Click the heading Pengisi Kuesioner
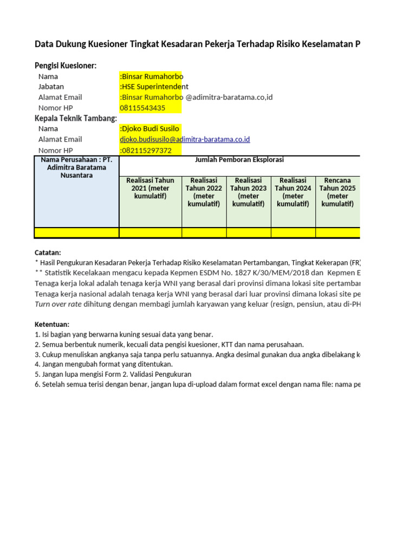pyautogui.click(x=66, y=66)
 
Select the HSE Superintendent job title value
pyautogui.click(x=154, y=87)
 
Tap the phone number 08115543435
pyautogui.click(x=142, y=108)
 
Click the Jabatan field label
pyautogui.click(x=51, y=87)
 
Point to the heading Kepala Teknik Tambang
pyautogui.click(x=76, y=118)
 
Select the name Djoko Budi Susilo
pyautogui.click(x=149, y=129)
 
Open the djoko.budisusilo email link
pyautogui.click(x=185, y=139)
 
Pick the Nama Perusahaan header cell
pyautogui.click(x=76, y=167)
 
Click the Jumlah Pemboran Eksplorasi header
pyautogui.click(x=239, y=160)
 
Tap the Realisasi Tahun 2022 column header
pyautogui.click(x=204, y=192)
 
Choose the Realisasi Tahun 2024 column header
pyautogui.click(x=293, y=192)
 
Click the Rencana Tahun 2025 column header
pyautogui.click(x=337, y=192)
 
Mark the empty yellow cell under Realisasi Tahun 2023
pyautogui.click(x=249, y=233)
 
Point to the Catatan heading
pyautogui.click(x=48, y=253)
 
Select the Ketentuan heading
pyautogui.click(x=52, y=324)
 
